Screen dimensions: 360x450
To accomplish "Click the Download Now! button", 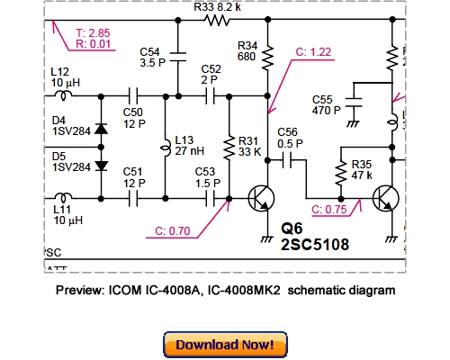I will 225,344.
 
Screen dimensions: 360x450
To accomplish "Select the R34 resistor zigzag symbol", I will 268,58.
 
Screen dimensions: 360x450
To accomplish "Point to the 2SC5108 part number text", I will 314,244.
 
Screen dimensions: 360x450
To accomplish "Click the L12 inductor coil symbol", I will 65,93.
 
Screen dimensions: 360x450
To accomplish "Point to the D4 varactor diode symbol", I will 101,128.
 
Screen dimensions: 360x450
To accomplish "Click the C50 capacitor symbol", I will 133,93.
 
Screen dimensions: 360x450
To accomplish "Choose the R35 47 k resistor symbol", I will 340,172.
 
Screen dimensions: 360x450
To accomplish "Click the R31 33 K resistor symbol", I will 229,146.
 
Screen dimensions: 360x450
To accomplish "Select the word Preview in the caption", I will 79,291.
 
